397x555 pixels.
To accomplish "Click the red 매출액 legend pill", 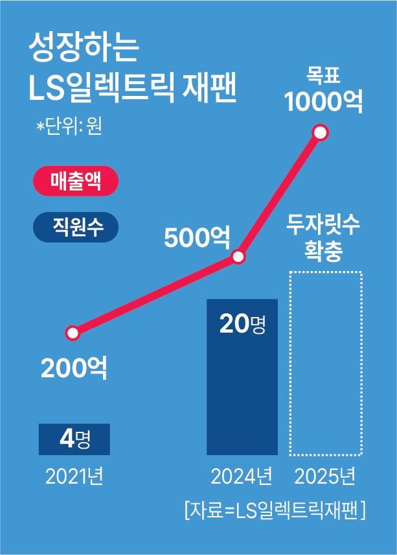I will pos(76,182).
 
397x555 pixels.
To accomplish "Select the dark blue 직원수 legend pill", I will pos(76,228).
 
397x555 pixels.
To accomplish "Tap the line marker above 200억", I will pos(73,334).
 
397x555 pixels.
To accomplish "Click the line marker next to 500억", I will pos(238,257).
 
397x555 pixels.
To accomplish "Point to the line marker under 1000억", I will pos(320,134).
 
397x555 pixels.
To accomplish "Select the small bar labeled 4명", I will pos(74,439).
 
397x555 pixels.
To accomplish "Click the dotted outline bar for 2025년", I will pos(324,363).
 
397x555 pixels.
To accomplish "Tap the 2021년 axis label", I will pos(74,478).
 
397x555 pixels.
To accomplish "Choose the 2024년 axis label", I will pos(242,478).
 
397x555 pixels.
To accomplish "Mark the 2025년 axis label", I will pos(324,478).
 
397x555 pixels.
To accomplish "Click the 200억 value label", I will pos(74,368).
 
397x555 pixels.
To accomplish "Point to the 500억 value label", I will pos(197,238).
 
